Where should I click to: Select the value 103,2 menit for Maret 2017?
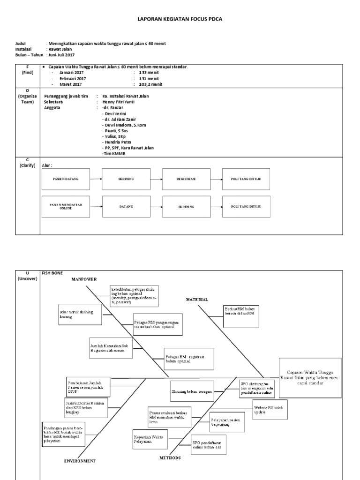[150, 84]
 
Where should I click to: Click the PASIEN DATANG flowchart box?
[66, 179]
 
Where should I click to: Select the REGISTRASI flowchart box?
[186, 179]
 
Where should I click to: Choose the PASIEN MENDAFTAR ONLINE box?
[66, 206]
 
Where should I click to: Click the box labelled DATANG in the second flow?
[126, 206]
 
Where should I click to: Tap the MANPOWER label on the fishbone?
[84, 279]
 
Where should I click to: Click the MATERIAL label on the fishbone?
[197, 299]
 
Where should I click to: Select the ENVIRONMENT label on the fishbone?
[80, 461]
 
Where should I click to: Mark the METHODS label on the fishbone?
[170, 457]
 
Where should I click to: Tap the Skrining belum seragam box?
[192, 390]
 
